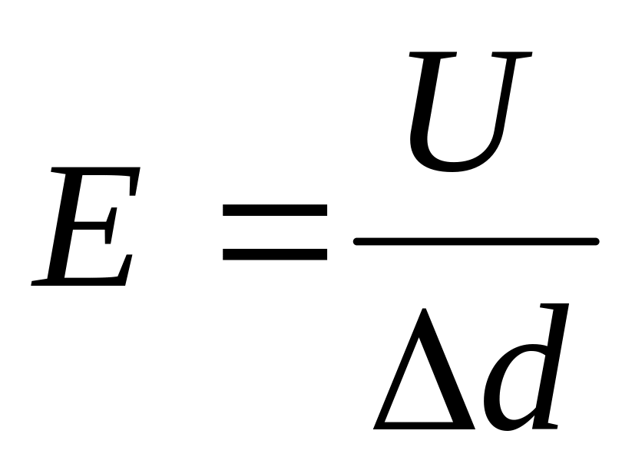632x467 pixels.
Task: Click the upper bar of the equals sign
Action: [274, 210]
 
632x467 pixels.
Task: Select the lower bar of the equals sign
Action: [274, 254]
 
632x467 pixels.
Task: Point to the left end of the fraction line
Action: [356, 242]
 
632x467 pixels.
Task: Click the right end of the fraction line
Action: [597, 242]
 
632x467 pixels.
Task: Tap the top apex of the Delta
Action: [424, 309]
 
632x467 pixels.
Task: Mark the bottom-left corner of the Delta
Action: [374, 429]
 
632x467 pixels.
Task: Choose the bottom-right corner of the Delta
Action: [475, 429]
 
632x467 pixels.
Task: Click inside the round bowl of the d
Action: [518, 387]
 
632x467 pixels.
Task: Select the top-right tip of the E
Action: [140, 167]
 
